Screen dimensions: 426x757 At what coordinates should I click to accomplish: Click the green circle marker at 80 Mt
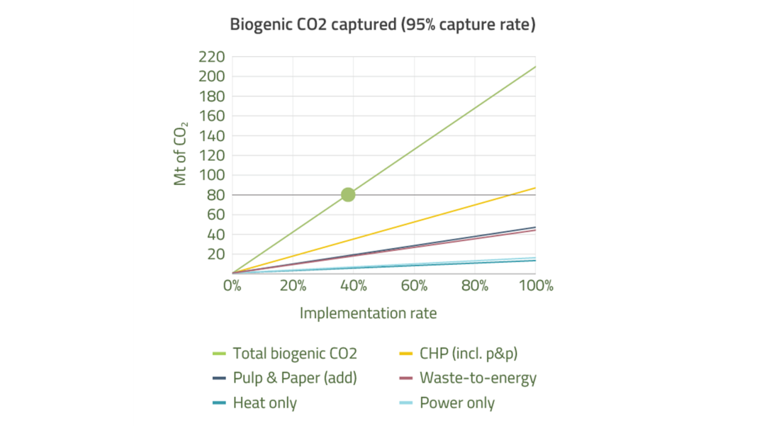(348, 195)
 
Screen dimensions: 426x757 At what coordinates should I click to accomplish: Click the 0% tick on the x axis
(232, 286)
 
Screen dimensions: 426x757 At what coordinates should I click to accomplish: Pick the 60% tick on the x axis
(414, 286)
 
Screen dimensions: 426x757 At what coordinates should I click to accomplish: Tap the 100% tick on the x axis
(535, 286)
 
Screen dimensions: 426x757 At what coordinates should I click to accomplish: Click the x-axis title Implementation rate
(368, 313)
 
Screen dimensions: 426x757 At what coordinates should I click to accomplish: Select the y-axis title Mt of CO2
(181, 154)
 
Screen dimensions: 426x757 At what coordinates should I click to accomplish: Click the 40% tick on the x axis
(354, 286)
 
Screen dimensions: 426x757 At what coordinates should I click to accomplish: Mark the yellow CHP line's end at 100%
(535, 188)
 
